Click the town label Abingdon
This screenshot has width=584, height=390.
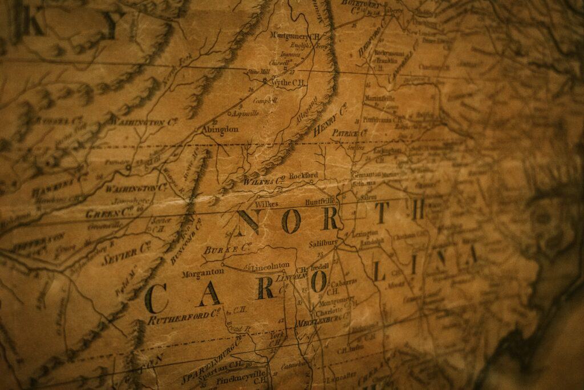(x=220, y=130)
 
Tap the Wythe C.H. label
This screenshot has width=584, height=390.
(x=287, y=83)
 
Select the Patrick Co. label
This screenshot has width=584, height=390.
(x=349, y=133)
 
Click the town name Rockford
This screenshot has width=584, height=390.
(x=303, y=175)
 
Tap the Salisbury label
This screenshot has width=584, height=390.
(x=324, y=244)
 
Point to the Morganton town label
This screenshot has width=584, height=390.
(x=202, y=274)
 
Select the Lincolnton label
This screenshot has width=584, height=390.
(x=273, y=266)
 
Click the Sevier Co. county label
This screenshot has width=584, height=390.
(x=126, y=252)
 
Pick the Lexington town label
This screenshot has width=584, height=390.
(x=364, y=234)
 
